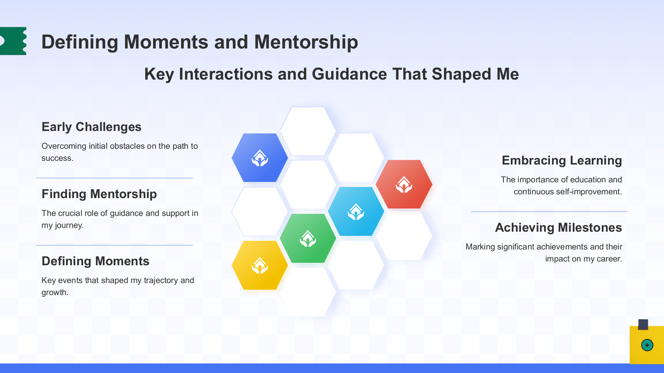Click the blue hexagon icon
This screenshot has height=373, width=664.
pos(260,157)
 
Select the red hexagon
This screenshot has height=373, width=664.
pos(404,184)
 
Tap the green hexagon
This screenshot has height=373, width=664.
pos(308,238)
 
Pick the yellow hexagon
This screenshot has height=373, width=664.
pos(260,265)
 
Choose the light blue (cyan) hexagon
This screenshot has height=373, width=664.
pos(356,211)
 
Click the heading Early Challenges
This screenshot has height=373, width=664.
pos(91,127)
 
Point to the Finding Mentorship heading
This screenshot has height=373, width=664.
pos(99,194)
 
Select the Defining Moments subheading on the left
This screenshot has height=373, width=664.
pos(95,261)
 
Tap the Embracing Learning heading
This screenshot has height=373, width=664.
pos(562,160)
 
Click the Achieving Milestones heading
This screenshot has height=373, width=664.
pos(559,228)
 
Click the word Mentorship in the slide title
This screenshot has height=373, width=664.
pos(306,42)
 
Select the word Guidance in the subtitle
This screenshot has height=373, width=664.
pos(349,74)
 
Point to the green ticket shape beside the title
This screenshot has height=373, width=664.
pos(13,41)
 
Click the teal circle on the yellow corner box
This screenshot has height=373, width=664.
pos(647,345)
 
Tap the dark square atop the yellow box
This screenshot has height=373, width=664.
pos(643,325)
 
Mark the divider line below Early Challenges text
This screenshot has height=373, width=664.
pos(115,178)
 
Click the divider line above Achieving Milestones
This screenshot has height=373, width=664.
pos(549,211)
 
